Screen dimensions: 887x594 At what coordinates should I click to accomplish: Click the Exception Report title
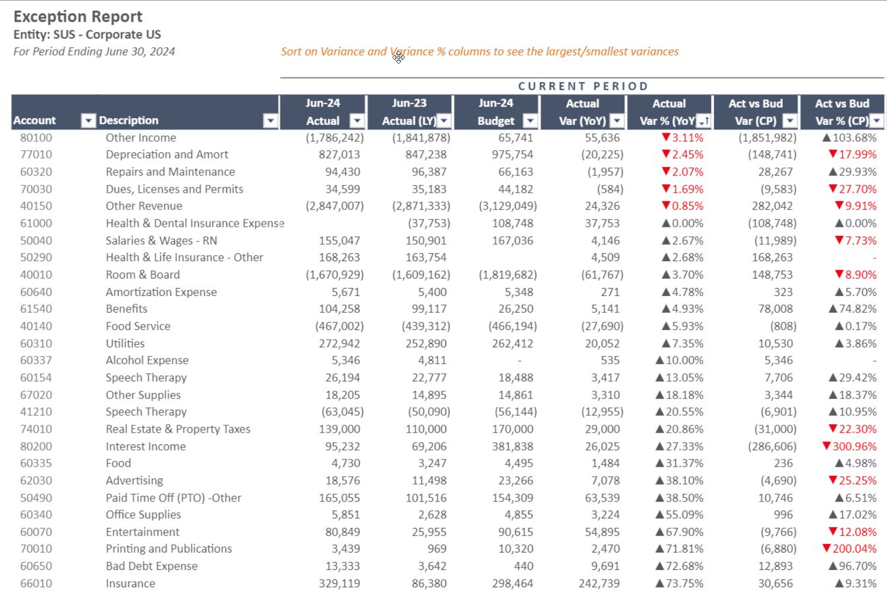[78, 17]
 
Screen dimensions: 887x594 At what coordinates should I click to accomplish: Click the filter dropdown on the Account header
[89, 120]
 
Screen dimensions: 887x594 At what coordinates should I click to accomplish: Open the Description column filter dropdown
[271, 120]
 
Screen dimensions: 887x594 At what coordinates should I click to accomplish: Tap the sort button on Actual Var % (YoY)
[704, 121]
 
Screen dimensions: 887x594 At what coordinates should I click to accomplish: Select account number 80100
[36, 138]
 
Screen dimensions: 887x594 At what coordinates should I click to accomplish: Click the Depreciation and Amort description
[167, 155]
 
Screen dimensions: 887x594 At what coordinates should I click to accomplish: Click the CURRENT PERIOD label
[583, 86]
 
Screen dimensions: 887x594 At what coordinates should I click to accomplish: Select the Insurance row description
[131, 583]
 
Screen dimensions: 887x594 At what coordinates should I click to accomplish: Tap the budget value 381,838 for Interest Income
[512, 446]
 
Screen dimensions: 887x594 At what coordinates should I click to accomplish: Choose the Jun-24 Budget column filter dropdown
[530, 121]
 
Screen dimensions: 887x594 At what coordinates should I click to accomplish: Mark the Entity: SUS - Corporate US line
[87, 34]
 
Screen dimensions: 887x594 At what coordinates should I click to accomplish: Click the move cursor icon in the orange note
[399, 58]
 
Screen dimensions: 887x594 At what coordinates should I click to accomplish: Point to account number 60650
[36, 567]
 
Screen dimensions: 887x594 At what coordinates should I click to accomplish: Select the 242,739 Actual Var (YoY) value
[599, 583]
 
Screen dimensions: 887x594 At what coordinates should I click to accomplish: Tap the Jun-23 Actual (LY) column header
[410, 112]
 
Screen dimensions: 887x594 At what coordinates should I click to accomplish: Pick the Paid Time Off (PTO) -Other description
[174, 498]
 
